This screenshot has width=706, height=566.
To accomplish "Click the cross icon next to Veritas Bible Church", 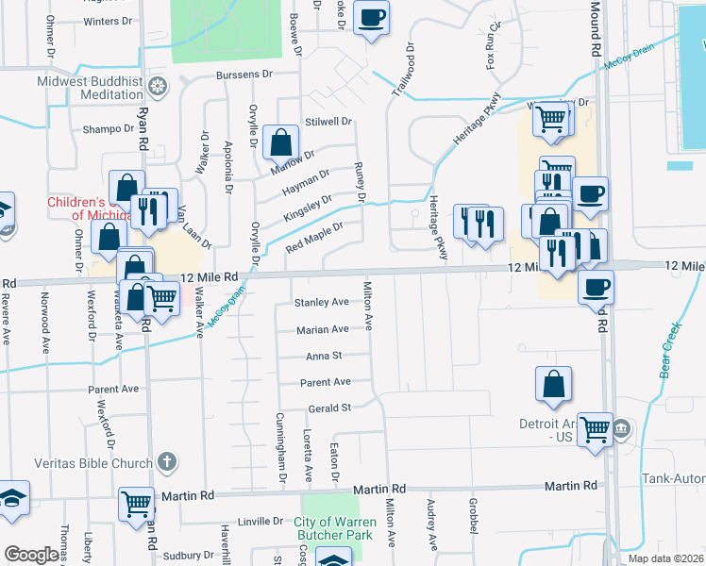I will pos(166,462).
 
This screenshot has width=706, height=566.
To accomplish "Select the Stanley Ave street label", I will pos(322,303).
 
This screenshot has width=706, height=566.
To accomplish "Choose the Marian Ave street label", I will pos(322,329).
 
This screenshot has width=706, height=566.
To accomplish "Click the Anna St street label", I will pos(324,356).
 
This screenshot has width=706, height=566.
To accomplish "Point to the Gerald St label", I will pos(329,408).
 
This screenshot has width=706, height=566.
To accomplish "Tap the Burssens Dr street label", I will pos(244,74).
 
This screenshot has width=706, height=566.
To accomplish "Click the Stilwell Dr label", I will pos(328,122).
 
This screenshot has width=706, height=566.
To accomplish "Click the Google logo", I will pos(31,554).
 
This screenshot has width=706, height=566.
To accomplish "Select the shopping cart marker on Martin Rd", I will pos(137,503).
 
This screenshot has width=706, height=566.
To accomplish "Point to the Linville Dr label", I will pos(260,521).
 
